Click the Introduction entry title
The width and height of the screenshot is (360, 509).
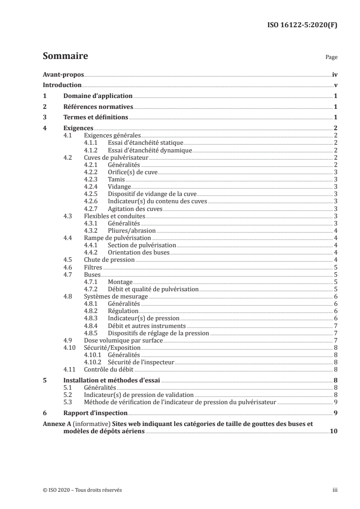pyautogui.click(x=62, y=85)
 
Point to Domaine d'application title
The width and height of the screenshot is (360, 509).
pyautogui.click(x=98, y=96)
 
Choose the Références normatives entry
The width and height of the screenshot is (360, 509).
pyautogui.click(x=98, y=107)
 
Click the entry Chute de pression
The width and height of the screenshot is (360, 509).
pyautogui.click(x=109, y=259)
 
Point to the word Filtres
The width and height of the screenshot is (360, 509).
pyautogui.click(x=93, y=267)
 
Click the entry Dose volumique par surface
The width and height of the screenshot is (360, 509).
pyautogui.click(x=123, y=340)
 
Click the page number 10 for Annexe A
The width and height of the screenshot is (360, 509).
pyautogui.click(x=333, y=431)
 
